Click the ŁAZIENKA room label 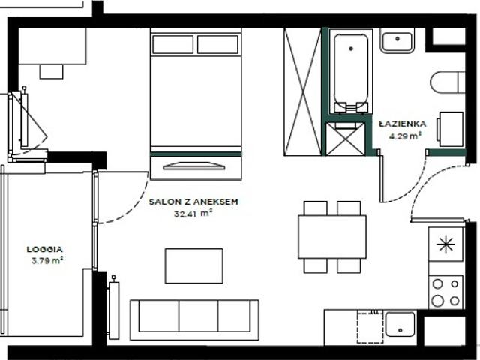click(402, 124)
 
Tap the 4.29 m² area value click(405, 136)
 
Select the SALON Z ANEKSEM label click(193, 202)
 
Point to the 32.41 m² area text click(193, 213)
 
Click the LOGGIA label click(45, 249)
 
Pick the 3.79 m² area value click(47, 261)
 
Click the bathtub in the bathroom click(351, 72)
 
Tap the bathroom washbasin click(397, 40)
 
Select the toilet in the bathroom click(448, 82)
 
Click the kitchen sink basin click(400, 325)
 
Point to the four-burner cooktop click(445, 292)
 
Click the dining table click(332, 237)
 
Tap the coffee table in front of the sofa click(193, 265)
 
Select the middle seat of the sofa click(198, 316)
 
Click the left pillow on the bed click(173, 44)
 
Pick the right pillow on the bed click(217, 44)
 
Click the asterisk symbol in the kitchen click(445, 244)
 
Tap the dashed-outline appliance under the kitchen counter click(370, 328)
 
